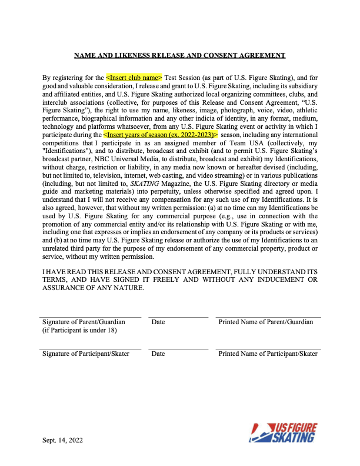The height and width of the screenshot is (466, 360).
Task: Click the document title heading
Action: coord(180,55)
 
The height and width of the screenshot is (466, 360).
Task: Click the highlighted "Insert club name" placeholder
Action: coord(134,77)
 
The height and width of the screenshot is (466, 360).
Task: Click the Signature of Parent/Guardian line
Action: coord(91,317)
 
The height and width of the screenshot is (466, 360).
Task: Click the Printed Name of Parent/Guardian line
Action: coord(268,317)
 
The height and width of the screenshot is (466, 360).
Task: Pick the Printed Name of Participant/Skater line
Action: coord(268,349)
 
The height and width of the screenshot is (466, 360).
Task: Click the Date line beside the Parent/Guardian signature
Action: coord(178,317)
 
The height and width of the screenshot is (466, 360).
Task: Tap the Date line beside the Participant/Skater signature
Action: coord(178,349)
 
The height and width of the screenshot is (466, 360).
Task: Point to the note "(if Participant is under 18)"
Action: coord(79,330)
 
